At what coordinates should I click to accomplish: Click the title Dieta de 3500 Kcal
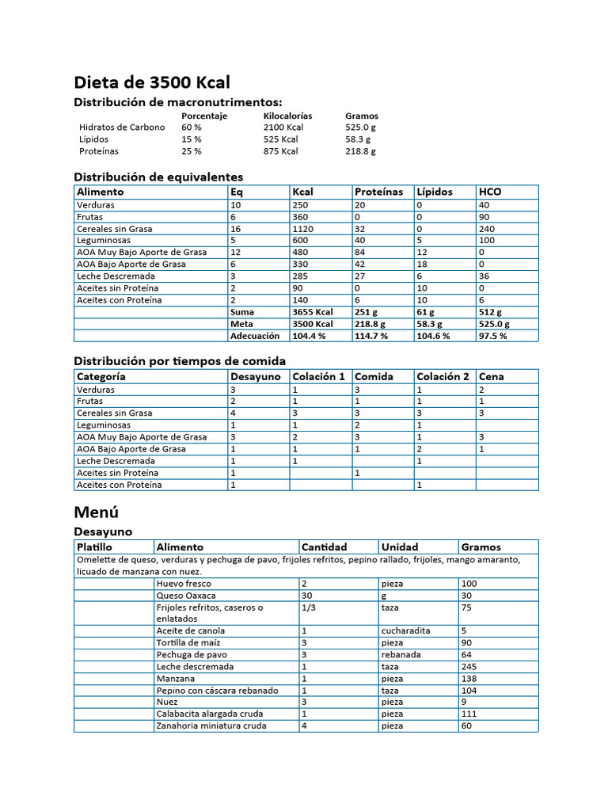[152, 82]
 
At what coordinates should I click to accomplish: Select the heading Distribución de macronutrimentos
[177, 102]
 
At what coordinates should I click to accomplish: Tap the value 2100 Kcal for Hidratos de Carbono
[283, 127]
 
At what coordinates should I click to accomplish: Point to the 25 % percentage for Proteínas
[191, 151]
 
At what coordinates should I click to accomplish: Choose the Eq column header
[237, 192]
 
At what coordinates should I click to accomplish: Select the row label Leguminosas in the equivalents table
[103, 240]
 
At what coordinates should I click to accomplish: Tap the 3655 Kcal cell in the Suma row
[310, 312]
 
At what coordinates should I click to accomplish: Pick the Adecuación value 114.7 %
[371, 336]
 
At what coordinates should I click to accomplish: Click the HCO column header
[490, 192]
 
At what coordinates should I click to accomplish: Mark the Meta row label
[241, 324]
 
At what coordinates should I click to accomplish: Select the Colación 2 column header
[443, 376]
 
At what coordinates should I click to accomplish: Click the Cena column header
[492, 376]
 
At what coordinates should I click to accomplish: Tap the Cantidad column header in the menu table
[324, 546]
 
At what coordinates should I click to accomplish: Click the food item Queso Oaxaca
[186, 596]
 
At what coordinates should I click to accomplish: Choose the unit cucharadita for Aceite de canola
[405, 631]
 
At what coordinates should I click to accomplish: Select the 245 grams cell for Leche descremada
[469, 667]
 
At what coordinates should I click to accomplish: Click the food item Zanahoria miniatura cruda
[211, 725]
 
